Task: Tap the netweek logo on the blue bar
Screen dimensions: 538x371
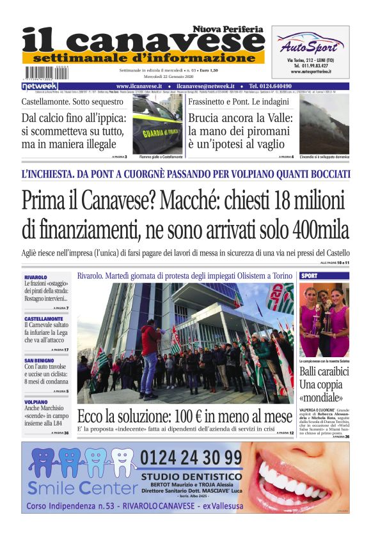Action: click(x=40, y=86)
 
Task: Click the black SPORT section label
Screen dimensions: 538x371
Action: click(x=310, y=275)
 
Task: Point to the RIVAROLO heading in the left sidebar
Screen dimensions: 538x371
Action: click(x=35, y=277)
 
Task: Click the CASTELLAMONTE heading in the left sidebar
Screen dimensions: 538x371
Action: click(x=43, y=318)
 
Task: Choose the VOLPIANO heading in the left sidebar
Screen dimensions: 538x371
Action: click(x=36, y=402)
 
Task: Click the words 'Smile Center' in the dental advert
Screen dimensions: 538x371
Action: click(x=81, y=488)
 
